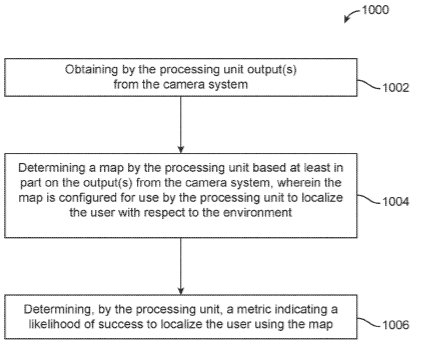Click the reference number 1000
(375, 9)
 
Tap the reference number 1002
(395, 88)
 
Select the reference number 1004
(395, 202)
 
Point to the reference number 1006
(395, 325)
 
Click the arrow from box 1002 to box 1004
(181, 125)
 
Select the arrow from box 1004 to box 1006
(181, 266)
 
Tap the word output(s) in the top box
(272, 70)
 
